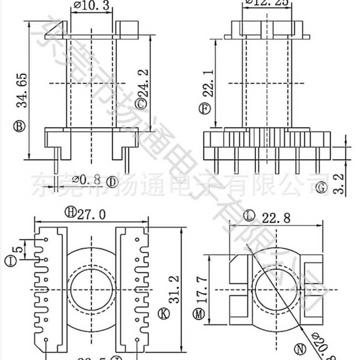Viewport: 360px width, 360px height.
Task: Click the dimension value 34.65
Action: click(20, 90)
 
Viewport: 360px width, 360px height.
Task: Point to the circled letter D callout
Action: click(112, 182)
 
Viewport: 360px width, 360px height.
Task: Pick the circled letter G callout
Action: click(321, 187)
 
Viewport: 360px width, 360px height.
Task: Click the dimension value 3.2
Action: click(340, 183)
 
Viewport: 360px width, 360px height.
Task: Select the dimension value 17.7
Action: click(201, 290)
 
